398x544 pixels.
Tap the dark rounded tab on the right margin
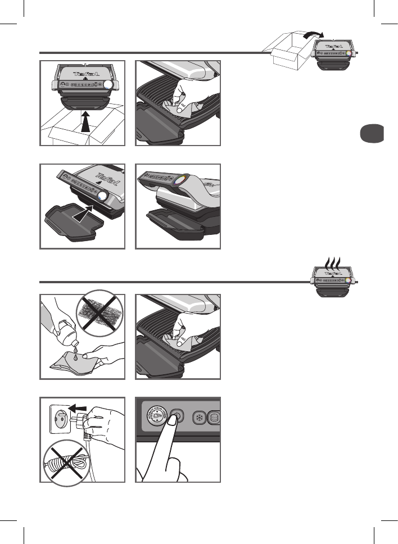(372, 135)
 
